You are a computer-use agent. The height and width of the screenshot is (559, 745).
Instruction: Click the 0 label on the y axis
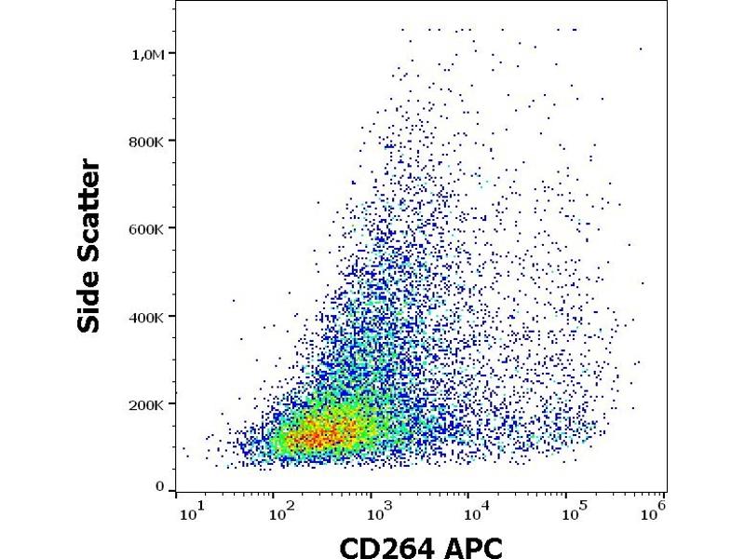click(159, 487)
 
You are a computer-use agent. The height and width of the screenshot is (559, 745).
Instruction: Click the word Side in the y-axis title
click(91, 293)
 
